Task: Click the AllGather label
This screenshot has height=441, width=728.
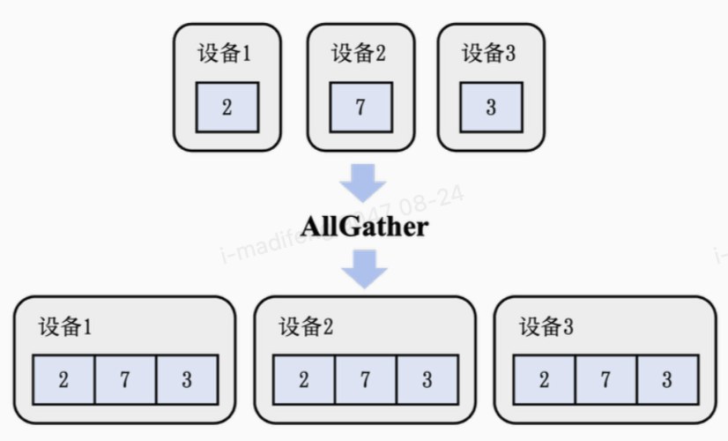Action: click(x=364, y=227)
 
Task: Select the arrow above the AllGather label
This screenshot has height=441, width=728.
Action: click(x=362, y=183)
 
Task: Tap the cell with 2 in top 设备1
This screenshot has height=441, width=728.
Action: click(x=227, y=108)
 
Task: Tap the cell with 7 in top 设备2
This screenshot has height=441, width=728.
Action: click(x=360, y=108)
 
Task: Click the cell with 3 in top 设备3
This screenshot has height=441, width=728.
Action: click(x=491, y=108)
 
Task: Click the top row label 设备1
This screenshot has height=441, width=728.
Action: click(x=225, y=54)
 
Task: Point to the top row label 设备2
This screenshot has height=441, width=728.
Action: click(x=359, y=54)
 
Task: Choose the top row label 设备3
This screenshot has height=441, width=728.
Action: click(x=489, y=54)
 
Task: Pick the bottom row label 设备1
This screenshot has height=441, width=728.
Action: click(x=65, y=327)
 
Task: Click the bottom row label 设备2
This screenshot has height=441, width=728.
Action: click(x=306, y=327)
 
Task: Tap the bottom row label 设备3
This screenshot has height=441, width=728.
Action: click(x=546, y=327)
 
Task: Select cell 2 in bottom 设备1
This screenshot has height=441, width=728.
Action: click(x=63, y=380)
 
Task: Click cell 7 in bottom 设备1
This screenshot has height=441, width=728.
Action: click(x=125, y=380)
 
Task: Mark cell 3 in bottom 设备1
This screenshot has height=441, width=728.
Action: click(x=187, y=380)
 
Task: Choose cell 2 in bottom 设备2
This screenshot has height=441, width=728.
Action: click(x=304, y=380)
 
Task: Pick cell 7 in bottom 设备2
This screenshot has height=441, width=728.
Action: click(x=366, y=380)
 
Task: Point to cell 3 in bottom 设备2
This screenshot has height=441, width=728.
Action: click(x=427, y=380)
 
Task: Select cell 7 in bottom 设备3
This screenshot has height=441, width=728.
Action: click(x=605, y=380)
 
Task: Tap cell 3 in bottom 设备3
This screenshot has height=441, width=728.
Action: click(x=667, y=380)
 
